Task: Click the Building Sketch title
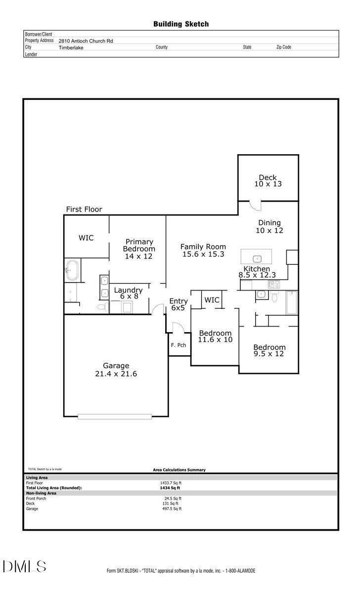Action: (x=180, y=24)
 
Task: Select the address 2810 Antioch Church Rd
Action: (x=86, y=41)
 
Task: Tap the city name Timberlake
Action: (x=72, y=47)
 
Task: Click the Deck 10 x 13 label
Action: (x=268, y=181)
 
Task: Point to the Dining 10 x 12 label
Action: (x=269, y=227)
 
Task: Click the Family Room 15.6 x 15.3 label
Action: (x=203, y=251)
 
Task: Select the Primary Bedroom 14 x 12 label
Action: (x=139, y=249)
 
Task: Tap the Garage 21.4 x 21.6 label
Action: (x=116, y=370)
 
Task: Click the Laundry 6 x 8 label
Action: (x=128, y=293)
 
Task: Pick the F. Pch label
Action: (x=179, y=345)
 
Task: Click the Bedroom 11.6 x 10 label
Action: (x=215, y=337)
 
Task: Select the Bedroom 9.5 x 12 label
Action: (x=270, y=350)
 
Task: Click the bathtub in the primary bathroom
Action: (x=73, y=270)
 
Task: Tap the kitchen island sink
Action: (x=257, y=258)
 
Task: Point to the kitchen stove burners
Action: (x=273, y=284)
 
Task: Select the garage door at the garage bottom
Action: (x=115, y=417)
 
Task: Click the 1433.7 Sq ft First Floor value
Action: (x=171, y=483)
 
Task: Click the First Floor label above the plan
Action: (x=84, y=210)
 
